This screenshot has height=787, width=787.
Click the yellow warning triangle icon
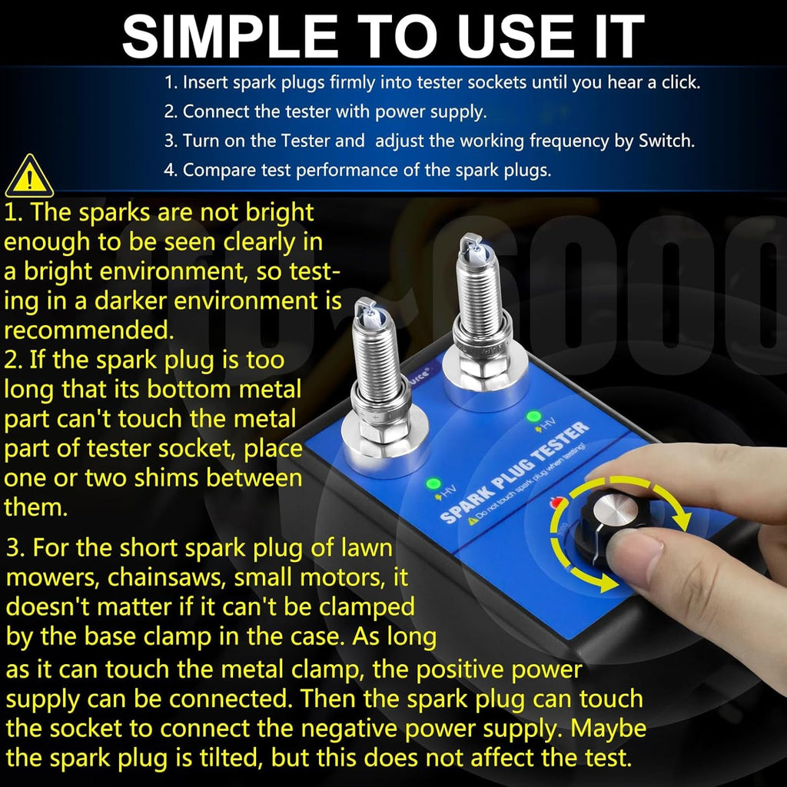point(29,176)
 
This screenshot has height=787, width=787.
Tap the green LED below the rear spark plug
point(533,416)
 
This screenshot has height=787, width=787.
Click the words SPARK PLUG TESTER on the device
point(514,471)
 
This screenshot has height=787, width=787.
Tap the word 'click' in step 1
point(681,81)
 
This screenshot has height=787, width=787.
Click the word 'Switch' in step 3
point(666,141)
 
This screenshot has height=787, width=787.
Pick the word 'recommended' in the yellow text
point(88,330)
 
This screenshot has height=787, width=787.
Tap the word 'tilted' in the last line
point(231,757)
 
